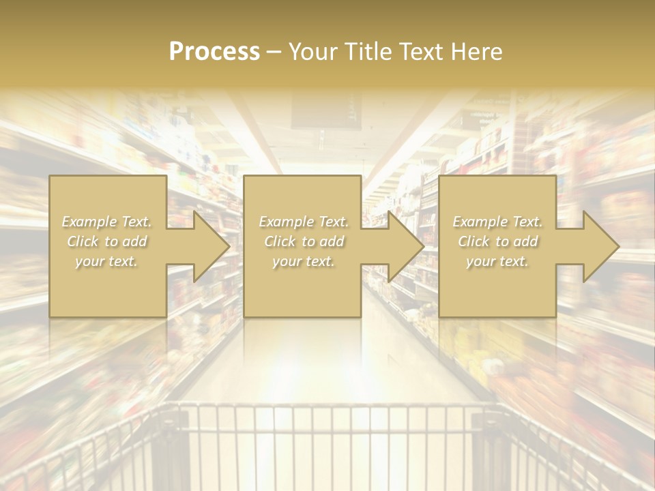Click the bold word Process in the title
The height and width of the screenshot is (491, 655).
[x=214, y=52]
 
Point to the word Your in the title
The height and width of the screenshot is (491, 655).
[x=313, y=52]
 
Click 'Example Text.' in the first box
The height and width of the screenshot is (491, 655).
[x=107, y=222]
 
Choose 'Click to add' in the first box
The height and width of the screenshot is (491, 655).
[x=107, y=241]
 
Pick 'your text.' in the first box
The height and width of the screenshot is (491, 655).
[x=107, y=261]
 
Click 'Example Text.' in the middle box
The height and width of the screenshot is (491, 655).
[x=303, y=222]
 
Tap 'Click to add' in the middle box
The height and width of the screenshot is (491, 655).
[x=303, y=241]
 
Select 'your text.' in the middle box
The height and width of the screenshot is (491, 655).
[x=303, y=261]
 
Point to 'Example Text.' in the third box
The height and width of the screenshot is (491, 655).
[x=497, y=222]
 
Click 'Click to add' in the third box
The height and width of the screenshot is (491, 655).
[x=497, y=241]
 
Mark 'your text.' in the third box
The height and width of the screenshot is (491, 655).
[x=497, y=261]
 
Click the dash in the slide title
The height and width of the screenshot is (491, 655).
[x=274, y=52]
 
